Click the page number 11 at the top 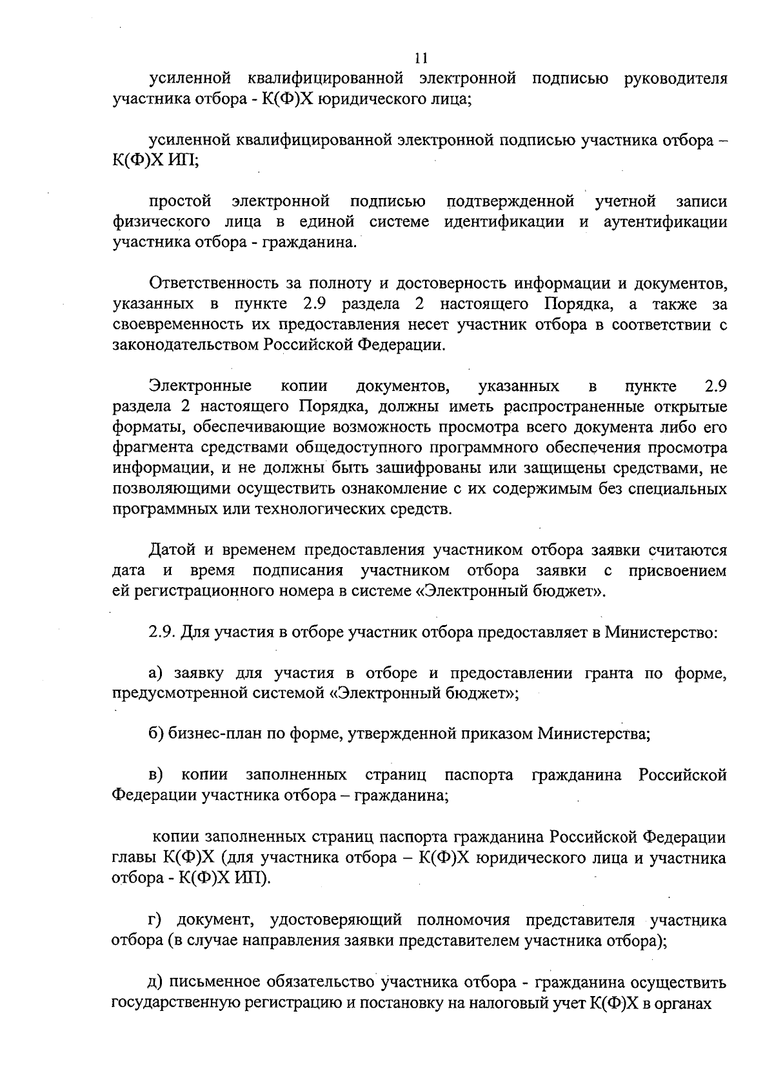point(421,59)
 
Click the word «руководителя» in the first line point(676,79)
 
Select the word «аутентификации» point(666,223)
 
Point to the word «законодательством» point(186,345)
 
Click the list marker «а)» point(157,674)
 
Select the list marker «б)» point(157,734)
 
